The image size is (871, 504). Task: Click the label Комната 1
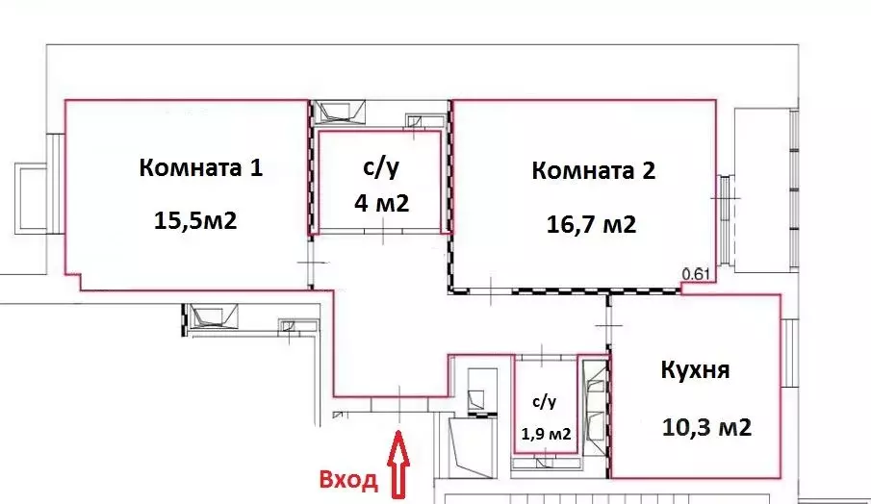click(x=200, y=168)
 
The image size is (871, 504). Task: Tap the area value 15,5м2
click(x=194, y=220)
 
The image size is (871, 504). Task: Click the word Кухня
click(x=696, y=370)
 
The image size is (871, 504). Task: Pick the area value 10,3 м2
click(x=706, y=427)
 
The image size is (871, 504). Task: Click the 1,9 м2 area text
click(x=546, y=434)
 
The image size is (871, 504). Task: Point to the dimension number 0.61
click(x=695, y=275)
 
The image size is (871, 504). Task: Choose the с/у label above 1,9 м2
click(x=544, y=401)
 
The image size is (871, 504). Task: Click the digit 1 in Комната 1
click(x=255, y=168)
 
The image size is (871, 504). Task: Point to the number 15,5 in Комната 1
click(x=175, y=220)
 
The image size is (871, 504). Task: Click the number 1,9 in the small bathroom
click(x=533, y=434)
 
